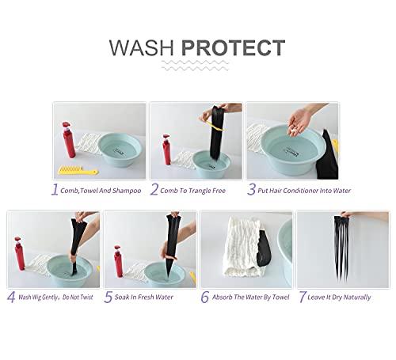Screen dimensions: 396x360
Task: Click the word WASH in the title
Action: pyautogui.click(x=142, y=47)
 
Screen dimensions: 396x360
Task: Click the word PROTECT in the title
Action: pyautogui.click(x=234, y=47)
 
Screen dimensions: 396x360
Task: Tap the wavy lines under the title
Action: pyautogui.click(x=195, y=66)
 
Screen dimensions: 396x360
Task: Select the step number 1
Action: pyautogui.click(x=55, y=189)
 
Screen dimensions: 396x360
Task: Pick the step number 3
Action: pyautogui.click(x=251, y=189)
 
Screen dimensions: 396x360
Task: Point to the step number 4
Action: pyautogui.click(x=11, y=297)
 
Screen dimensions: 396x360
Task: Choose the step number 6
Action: pyautogui.click(x=205, y=297)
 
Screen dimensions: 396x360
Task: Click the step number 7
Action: pyautogui.click(x=303, y=297)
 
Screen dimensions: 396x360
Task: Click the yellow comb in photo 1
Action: pyautogui.click(x=78, y=170)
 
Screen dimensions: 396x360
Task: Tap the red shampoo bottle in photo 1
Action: pyautogui.click(x=69, y=140)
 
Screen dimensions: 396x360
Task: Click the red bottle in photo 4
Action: pyautogui.click(x=19, y=253)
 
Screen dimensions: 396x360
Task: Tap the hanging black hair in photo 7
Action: pyautogui.click(x=341, y=246)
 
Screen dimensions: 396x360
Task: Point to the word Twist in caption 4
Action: pyautogui.click(x=86, y=297)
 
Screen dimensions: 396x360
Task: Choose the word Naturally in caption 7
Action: pyautogui.click(x=357, y=297)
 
